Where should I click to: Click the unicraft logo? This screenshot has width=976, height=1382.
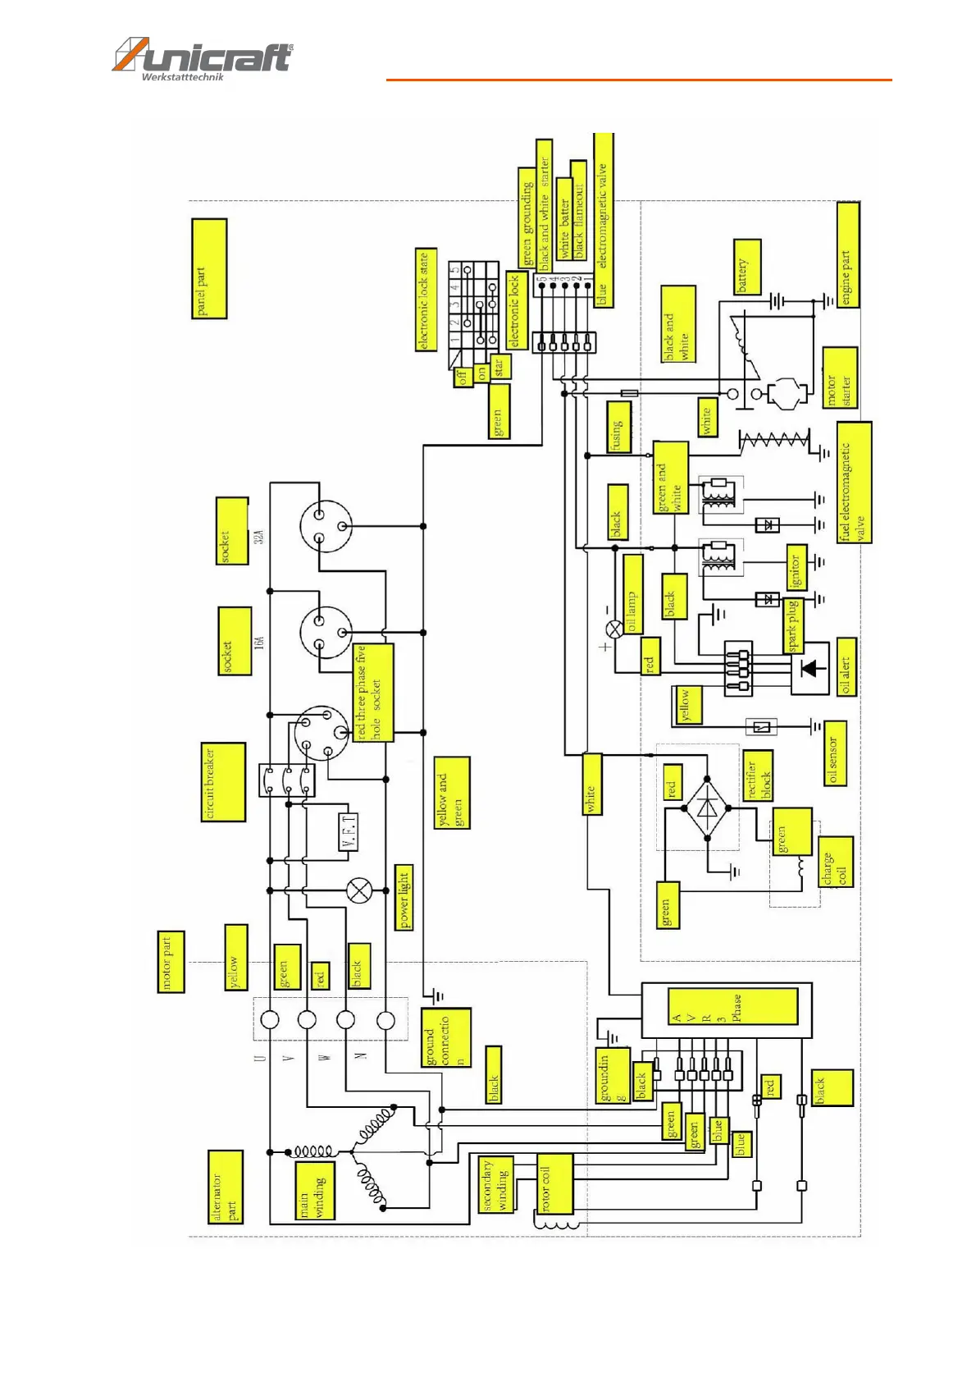pos(202,58)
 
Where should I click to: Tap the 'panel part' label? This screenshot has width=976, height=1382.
pos(208,268)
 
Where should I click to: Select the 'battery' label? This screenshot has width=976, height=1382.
pos(746,267)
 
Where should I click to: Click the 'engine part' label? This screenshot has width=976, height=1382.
pos(848,255)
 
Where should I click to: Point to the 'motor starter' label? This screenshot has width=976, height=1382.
pos(840,378)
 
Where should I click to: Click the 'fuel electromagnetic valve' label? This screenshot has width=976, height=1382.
pos(854,483)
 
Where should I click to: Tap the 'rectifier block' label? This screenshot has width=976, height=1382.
pos(758,776)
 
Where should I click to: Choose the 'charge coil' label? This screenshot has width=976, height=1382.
pos(835,862)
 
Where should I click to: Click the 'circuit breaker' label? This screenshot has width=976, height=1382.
pos(223,782)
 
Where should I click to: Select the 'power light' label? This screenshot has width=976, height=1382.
pos(404,897)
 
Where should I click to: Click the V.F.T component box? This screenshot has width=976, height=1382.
pos(349,831)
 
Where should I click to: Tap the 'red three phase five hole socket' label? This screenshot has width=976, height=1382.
pos(373,693)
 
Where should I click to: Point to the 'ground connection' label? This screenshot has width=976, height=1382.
pos(446,1037)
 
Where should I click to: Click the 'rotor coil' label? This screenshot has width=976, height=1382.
pos(554,1183)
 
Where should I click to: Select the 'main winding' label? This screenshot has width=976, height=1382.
pos(314,1190)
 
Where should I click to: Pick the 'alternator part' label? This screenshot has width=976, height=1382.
pos(226,1187)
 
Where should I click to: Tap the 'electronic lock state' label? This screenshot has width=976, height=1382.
pos(426,300)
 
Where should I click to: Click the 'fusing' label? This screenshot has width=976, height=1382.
pos(619,426)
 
